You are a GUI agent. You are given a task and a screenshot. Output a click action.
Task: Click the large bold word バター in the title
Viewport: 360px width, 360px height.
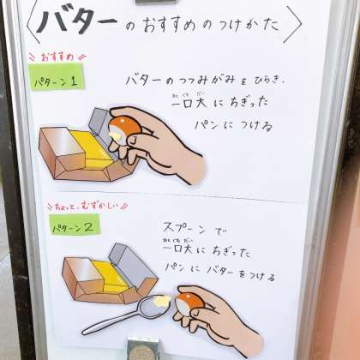click(76, 21)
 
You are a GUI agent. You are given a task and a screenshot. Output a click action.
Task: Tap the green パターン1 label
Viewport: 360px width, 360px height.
click(56, 77)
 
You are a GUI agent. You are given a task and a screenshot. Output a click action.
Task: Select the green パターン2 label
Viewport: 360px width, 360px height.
click(75, 225)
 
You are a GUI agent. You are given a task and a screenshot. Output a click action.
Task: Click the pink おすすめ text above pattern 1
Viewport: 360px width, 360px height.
click(57, 57)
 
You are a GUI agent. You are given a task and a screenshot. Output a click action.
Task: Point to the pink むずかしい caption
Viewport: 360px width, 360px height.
click(99, 206)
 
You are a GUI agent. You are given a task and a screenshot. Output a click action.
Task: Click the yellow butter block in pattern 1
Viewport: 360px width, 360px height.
click(91, 149)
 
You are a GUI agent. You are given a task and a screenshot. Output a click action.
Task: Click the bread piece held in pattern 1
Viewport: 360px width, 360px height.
click(125, 128)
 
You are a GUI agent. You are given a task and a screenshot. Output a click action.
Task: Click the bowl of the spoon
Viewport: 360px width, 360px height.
click(152, 307)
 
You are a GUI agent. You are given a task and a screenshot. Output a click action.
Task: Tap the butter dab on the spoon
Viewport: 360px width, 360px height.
click(162, 300)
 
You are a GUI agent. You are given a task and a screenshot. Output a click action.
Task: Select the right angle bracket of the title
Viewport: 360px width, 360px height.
click(293, 24)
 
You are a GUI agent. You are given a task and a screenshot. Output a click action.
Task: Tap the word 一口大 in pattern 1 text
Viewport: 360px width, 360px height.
click(189, 102)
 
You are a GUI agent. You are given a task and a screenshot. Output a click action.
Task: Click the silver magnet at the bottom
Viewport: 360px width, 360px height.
click(143, 348)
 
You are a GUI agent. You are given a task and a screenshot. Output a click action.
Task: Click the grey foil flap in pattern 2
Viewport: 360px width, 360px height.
click(132, 265)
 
